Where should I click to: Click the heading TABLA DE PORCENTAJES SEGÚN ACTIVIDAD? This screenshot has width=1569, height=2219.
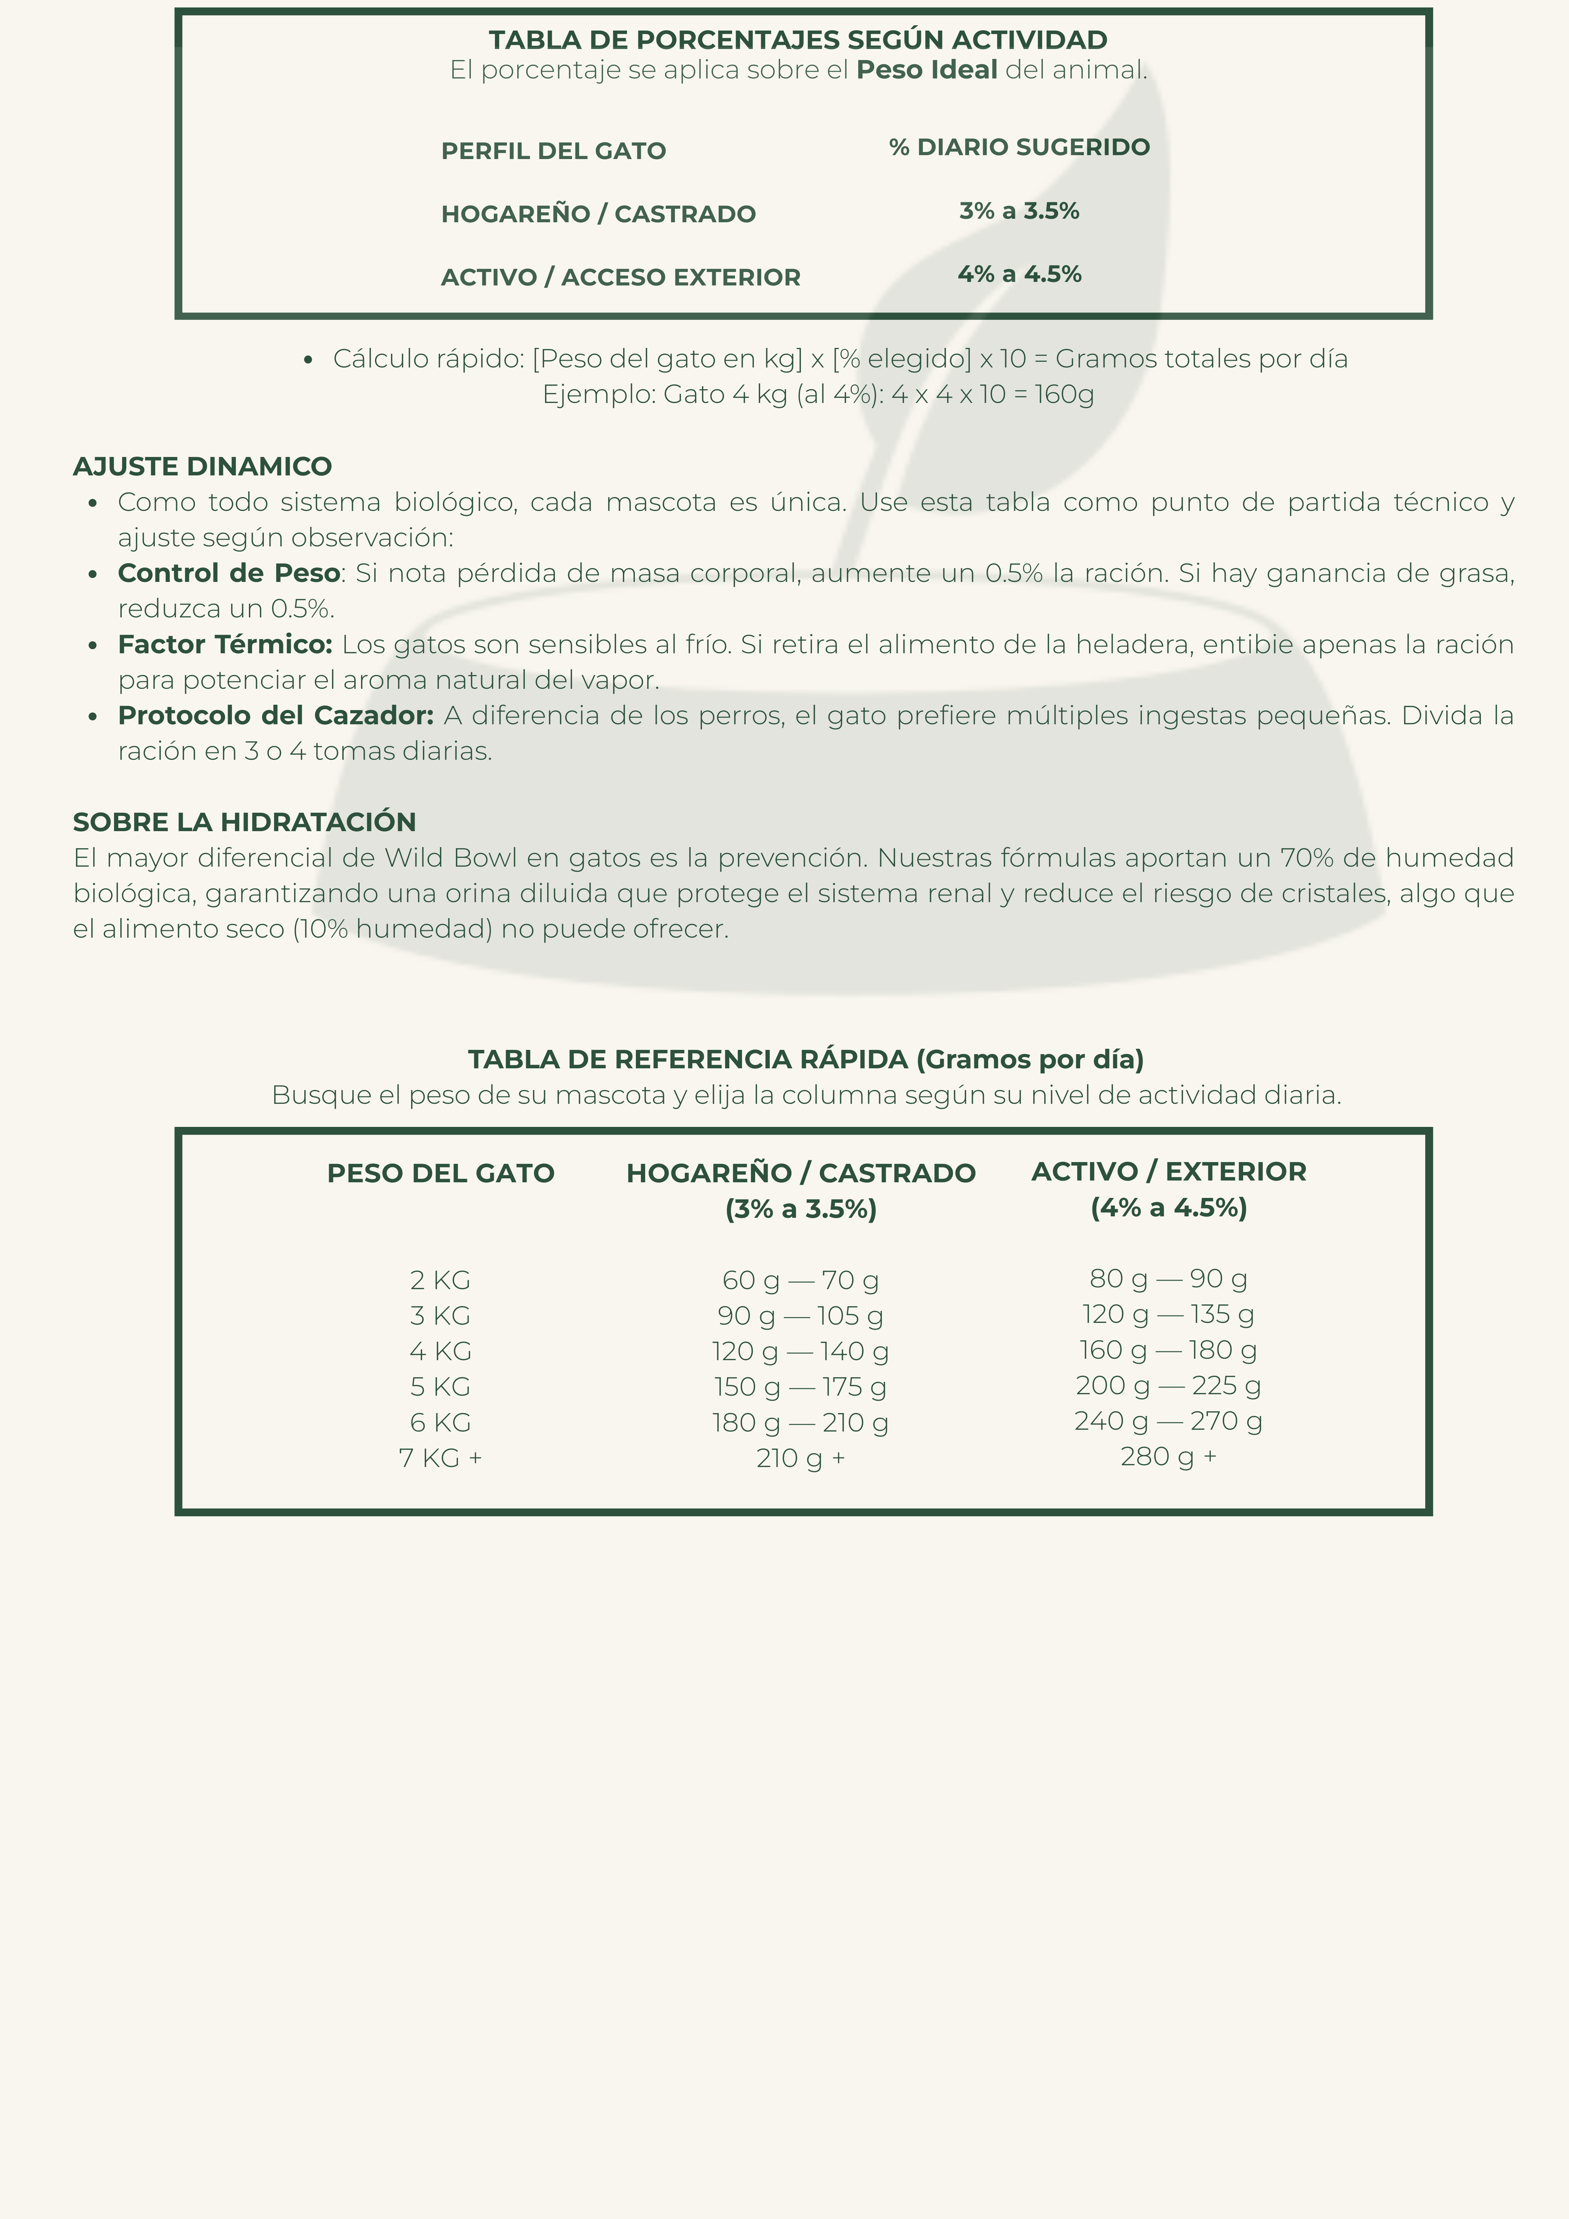click(797, 40)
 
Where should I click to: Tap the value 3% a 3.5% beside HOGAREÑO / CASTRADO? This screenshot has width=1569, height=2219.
click(1019, 211)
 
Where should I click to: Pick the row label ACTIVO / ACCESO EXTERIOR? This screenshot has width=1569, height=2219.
click(621, 277)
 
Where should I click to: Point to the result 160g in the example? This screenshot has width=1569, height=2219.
click(1064, 394)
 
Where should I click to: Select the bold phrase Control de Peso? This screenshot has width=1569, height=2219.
click(228, 573)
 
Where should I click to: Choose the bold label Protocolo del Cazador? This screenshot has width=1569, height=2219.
click(276, 715)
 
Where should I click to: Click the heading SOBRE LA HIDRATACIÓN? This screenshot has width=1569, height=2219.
click(245, 823)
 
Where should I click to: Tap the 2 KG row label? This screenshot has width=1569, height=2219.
click(440, 1281)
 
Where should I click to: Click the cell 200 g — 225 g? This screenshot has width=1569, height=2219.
click(1168, 1386)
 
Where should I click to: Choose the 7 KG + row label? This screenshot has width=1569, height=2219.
click(440, 1457)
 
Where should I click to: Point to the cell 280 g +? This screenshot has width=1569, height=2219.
click(1168, 1456)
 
